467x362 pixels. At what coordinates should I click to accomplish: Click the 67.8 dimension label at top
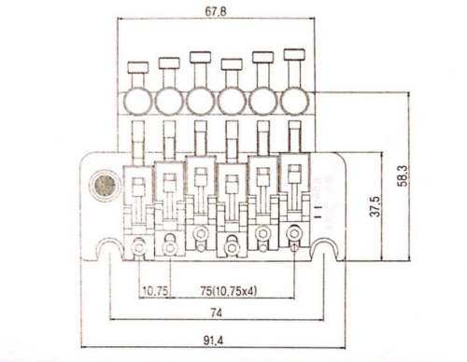tap(216, 11)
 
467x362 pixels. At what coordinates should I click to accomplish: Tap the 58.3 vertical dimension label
tap(403, 176)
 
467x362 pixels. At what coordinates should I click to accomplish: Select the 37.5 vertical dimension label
tap(375, 206)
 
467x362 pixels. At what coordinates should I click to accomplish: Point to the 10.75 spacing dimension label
tap(155, 291)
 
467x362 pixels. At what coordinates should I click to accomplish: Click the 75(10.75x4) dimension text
tap(229, 291)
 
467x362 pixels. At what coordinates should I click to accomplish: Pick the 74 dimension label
tap(216, 313)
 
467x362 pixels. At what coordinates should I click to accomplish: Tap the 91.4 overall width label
tap(214, 341)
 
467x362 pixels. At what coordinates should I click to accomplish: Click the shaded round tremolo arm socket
tap(105, 186)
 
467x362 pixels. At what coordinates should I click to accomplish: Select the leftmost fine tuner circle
tap(138, 101)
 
